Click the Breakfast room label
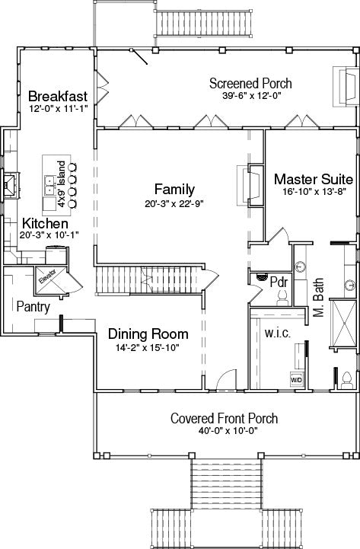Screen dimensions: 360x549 tap(58, 96)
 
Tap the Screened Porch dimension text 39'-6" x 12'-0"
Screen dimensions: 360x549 tap(252, 96)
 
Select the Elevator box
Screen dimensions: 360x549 tap(51, 280)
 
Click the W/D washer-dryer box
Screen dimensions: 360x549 tap(296, 379)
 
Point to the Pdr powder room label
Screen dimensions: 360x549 tap(279, 282)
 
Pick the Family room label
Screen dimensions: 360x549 tap(174, 189)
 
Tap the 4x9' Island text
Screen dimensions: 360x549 tap(62, 184)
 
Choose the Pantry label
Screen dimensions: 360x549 tap(33, 307)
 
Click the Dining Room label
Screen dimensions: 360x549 tap(148, 334)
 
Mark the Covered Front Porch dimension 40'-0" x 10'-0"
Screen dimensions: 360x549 tap(228, 431)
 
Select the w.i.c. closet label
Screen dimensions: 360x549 tap(278, 333)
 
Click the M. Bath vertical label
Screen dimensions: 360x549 tap(318, 298)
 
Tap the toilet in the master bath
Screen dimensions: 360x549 tap(346, 381)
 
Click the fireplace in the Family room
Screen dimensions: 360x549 tap(250, 186)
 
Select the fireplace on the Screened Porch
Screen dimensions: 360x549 tap(345, 86)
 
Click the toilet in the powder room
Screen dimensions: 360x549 tap(282, 298)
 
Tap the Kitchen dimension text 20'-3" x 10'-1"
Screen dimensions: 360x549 tap(49, 235)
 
